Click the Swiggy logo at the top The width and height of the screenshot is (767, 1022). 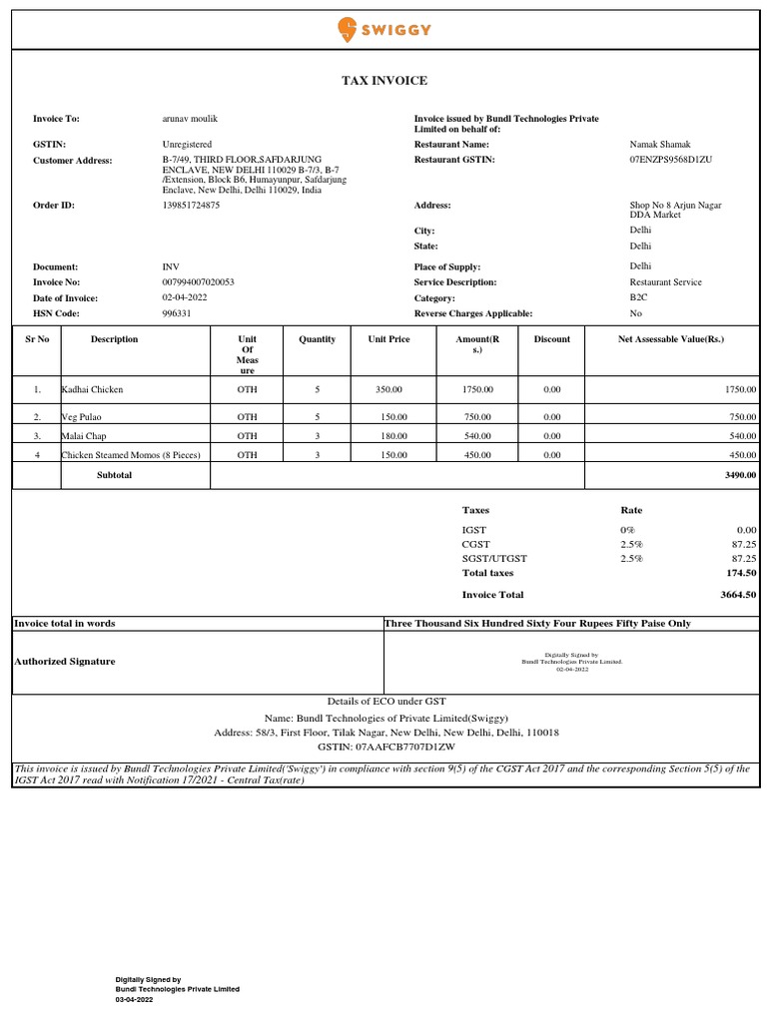[x=384, y=29]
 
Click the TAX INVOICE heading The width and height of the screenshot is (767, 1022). [x=383, y=81]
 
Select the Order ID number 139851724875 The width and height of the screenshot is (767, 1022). [x=191, y=206]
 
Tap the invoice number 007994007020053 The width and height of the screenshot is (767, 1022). [x=198, y=282]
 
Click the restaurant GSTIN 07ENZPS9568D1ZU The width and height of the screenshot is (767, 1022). [x=670, y=160]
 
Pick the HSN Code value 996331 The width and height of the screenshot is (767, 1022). [x=177, y=313]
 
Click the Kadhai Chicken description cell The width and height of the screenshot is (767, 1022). [x=93, y=389]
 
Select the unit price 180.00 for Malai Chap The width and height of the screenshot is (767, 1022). [x=388, y=436]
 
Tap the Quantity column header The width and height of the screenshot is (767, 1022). [x=317, y=339]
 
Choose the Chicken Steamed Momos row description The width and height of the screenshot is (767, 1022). [x=131, y=455]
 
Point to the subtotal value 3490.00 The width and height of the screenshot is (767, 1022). [x=739, y=476]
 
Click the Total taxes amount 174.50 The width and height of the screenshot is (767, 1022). [x=739, y=574]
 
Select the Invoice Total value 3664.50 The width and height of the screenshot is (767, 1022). [x=738, y=595]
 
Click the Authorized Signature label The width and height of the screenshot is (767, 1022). [x=64, y=662]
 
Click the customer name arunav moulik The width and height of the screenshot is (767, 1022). [x=190, y=119]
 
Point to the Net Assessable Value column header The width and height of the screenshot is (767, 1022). [x=671, y=339]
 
